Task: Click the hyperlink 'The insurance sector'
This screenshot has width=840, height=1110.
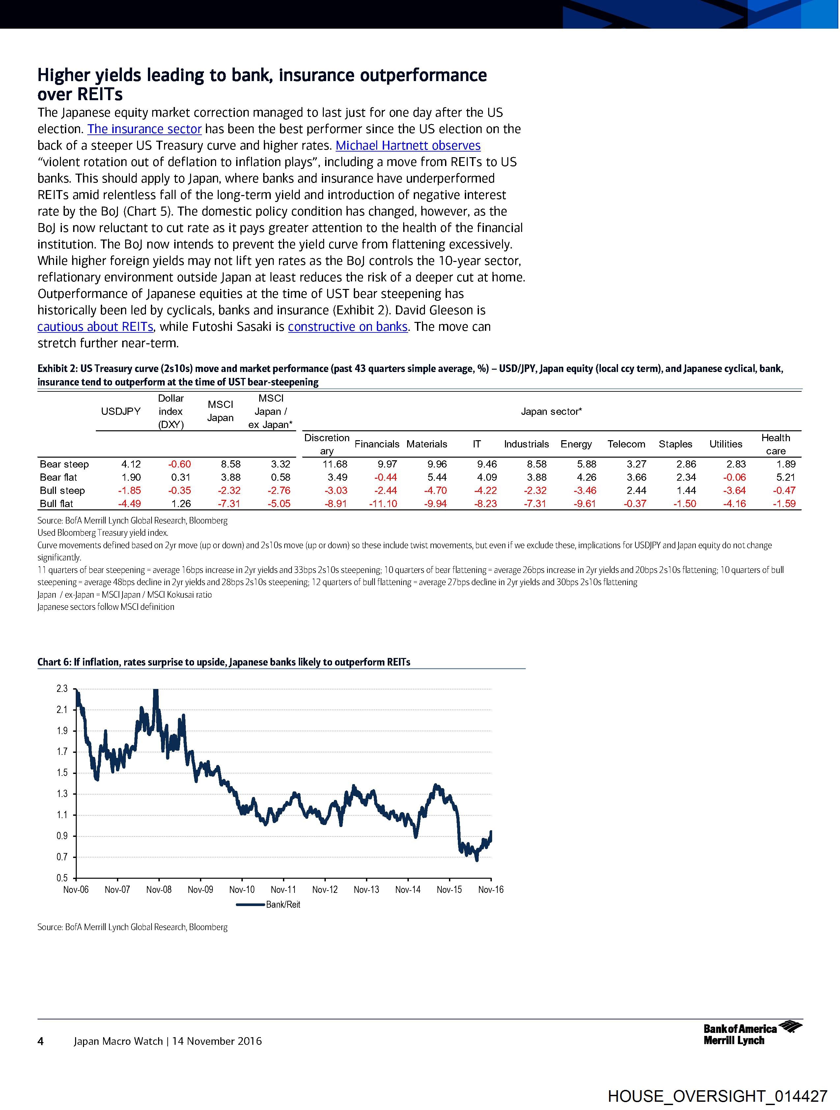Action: (x=145, y=129)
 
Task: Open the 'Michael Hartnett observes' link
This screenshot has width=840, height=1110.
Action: (x=408, y=146)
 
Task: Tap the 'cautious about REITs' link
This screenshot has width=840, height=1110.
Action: (x=95, y=327)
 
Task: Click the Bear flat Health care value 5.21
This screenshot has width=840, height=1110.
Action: (x=786, y=477)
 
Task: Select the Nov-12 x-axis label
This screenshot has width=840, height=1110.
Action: (x=325, y=890)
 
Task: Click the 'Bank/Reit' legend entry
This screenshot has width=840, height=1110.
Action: (x=283, y=905)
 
